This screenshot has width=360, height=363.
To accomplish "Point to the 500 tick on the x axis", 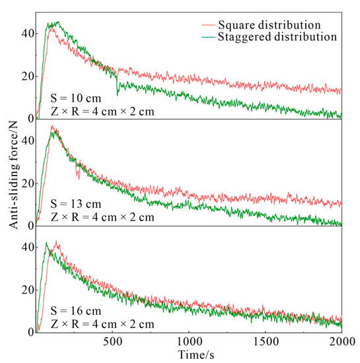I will (x=113, y=343).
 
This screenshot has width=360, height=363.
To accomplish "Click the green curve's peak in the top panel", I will (x=57, y=22).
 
